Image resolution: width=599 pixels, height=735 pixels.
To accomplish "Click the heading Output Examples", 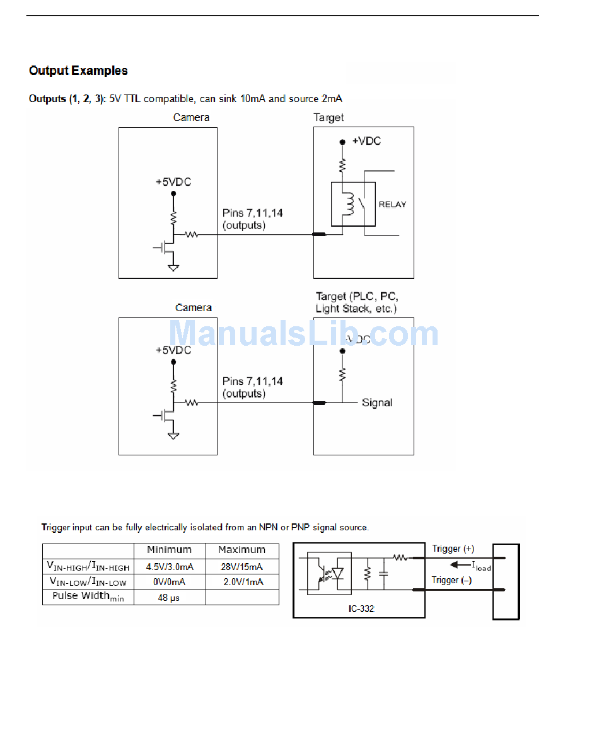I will [x=78, y=71].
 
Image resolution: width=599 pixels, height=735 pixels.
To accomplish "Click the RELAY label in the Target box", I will [x=392, y=204].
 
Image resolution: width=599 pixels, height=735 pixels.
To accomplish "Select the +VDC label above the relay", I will [x=366, y=141].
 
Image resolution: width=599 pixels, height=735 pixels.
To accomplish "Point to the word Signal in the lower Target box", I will [x=377, y=403].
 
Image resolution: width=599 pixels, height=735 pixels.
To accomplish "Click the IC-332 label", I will [x=361, y=608].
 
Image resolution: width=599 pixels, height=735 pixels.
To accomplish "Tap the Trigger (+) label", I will [x=453, y=549].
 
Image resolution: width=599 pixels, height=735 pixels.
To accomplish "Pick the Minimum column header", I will [x=169, y=550].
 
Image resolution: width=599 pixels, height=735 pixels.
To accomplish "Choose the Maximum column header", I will [x=242, y=550].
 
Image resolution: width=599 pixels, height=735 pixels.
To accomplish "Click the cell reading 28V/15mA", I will [x=242, y=567].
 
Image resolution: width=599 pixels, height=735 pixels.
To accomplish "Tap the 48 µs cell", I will [x=169, y=597].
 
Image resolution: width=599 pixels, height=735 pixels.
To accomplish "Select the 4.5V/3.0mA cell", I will [x=169, y=567].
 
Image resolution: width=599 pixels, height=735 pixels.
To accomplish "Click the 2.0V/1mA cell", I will [x=242, y=582].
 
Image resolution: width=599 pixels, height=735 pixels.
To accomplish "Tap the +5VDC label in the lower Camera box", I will [x=173, y=350].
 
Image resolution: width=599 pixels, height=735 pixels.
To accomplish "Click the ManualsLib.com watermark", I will [x=304, y=334].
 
